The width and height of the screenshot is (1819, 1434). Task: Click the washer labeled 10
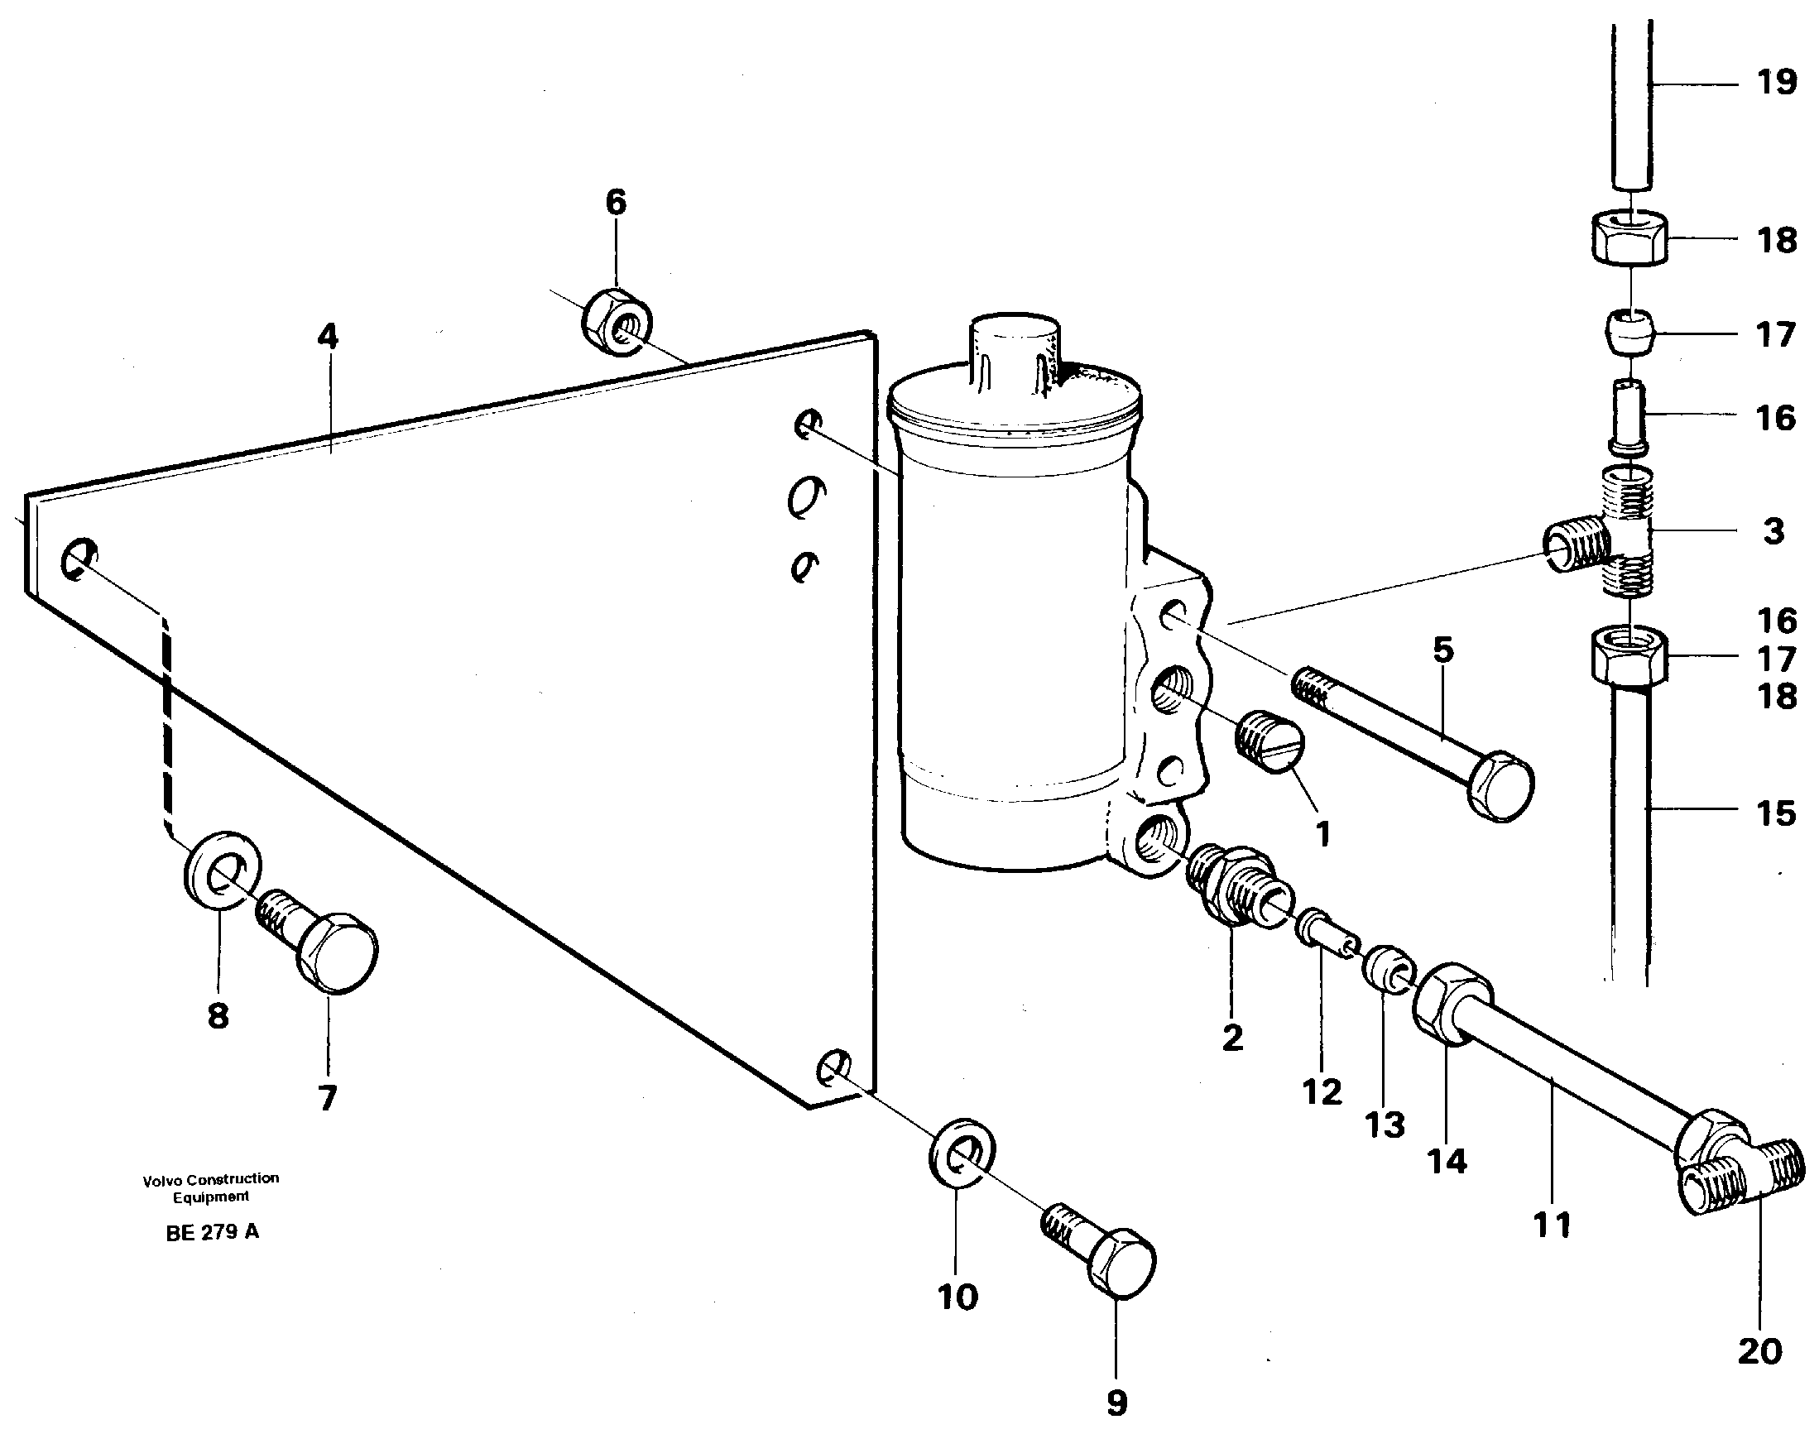coord(962,1152)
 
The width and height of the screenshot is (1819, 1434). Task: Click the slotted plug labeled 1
coord(1270,740)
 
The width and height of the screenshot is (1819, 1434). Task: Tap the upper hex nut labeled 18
coord(1629,237)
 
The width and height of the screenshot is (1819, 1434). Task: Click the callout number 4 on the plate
coord(328,337)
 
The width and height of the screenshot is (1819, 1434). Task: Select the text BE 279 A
coord(213,1232)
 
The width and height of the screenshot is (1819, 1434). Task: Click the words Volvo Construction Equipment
coord(211,1187)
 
